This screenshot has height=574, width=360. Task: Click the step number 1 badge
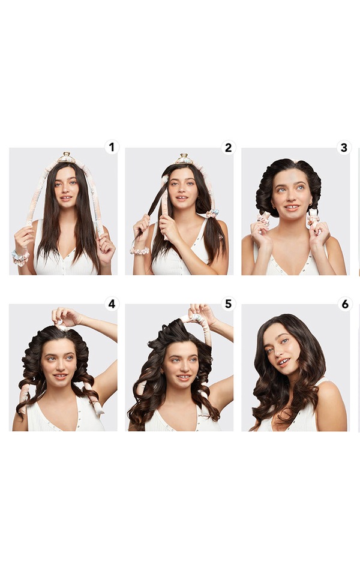[112, 147]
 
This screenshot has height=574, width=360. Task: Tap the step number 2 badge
[228, 147]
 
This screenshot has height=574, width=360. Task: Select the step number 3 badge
[344, 147]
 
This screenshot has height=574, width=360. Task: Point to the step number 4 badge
[112, 304]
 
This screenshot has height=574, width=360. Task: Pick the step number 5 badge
[228, 304]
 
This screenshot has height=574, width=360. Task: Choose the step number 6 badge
[344, 304]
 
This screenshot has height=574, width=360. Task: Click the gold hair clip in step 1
[66, 158]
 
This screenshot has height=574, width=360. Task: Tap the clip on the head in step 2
[184, 159]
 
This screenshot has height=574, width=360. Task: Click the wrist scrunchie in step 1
[20, 257]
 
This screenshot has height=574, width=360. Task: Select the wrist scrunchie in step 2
[140, 251]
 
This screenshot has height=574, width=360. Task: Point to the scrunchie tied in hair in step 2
[212, 214]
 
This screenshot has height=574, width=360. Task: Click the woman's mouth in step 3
[292, 208]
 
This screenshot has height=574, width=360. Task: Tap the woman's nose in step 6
[279, 352]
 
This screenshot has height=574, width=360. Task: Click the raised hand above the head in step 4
[67, 317]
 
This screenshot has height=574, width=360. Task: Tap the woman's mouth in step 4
[61, 375]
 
